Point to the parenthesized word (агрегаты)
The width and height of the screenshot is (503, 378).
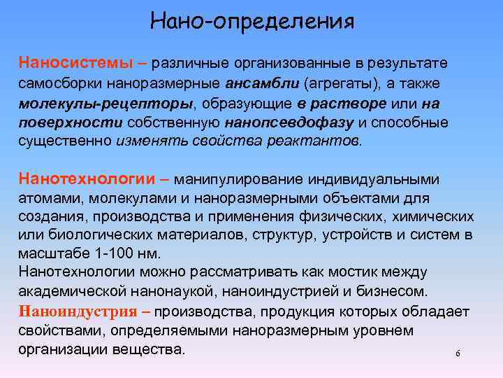(337, 84)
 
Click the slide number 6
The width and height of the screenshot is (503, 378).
(458, 353)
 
